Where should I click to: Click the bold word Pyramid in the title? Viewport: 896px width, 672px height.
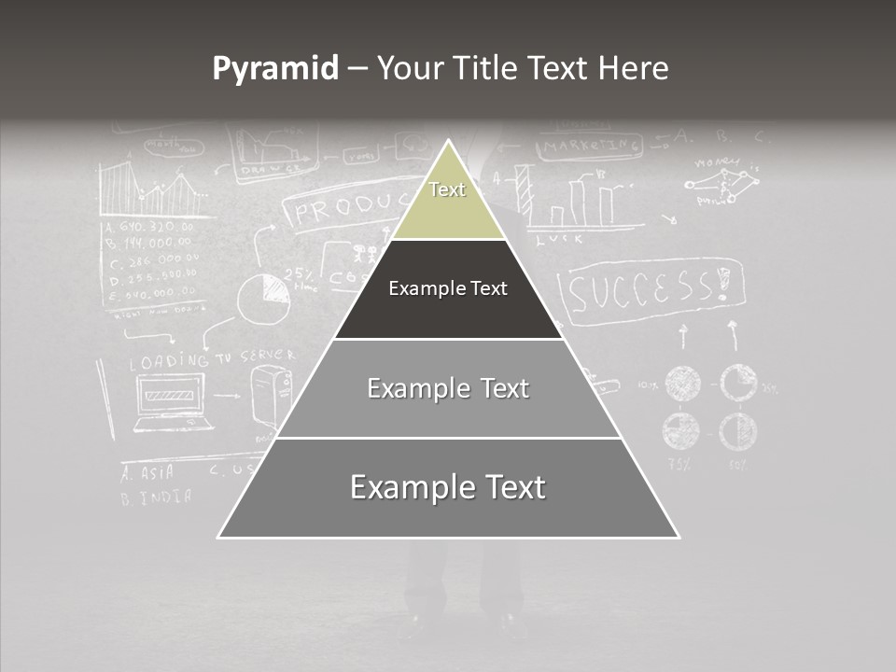click(275, 69)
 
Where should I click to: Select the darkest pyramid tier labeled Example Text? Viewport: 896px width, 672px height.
click(448, 289)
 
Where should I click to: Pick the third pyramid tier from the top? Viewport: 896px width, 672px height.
click(448, 389)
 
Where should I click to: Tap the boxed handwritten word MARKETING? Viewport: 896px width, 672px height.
click(590, 147)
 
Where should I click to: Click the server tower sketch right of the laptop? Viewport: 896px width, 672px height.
click(271, 396)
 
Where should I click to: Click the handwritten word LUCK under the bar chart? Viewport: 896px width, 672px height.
click(560, 239)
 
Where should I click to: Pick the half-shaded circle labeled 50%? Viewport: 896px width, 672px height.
click(736, 430)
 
